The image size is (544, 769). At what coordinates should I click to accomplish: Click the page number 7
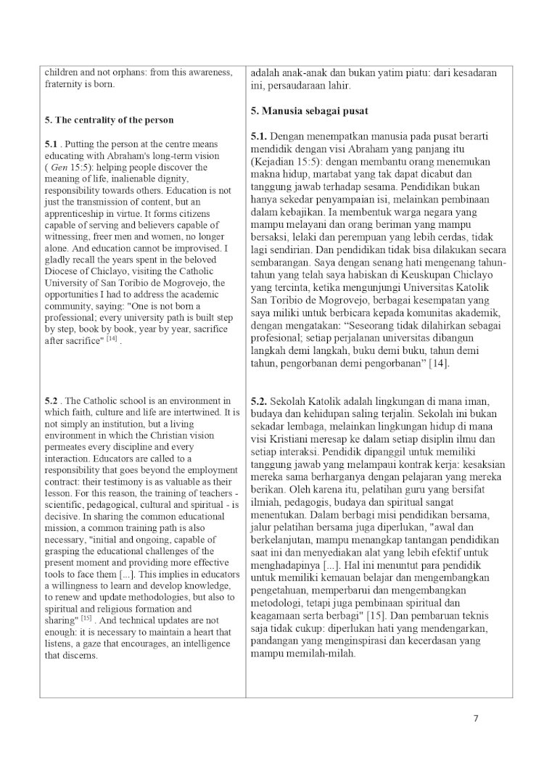point(476,719)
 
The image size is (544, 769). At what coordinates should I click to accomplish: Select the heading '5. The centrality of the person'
point(109,120)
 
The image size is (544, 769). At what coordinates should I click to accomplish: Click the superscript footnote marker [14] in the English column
point(111,339)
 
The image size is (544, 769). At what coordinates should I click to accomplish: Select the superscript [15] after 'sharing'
point(86,619)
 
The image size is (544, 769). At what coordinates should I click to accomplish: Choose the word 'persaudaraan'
point(295,86)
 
